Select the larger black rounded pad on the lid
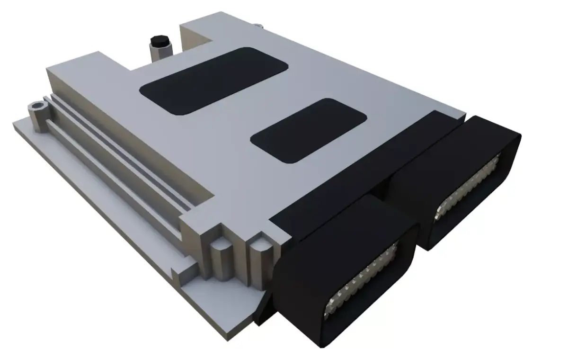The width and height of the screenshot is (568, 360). tap(215, 80)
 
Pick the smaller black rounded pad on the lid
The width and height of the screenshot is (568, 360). tap(309, 131)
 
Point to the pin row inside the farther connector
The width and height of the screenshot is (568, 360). tap(469, 189)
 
